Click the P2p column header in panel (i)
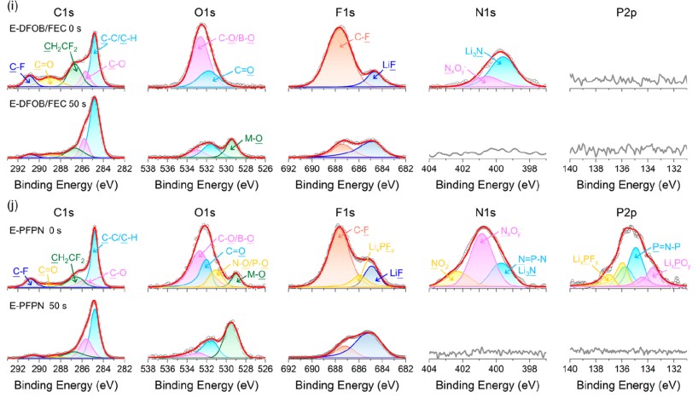click(x=628, y=13)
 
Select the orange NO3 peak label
click(x=440, y=263)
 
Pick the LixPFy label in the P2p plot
click(x=588, y=258)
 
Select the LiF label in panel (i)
click(x=388, y=63)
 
